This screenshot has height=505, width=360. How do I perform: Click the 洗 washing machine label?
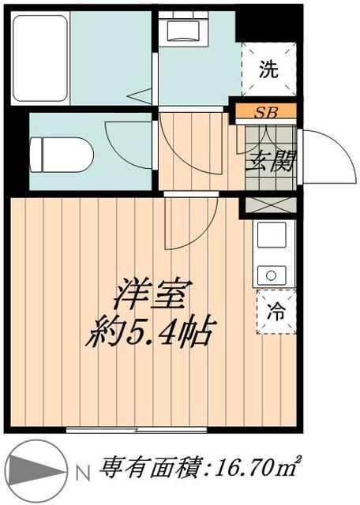[x=269, y=69]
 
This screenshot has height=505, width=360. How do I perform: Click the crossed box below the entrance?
[x=268, y=204]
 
